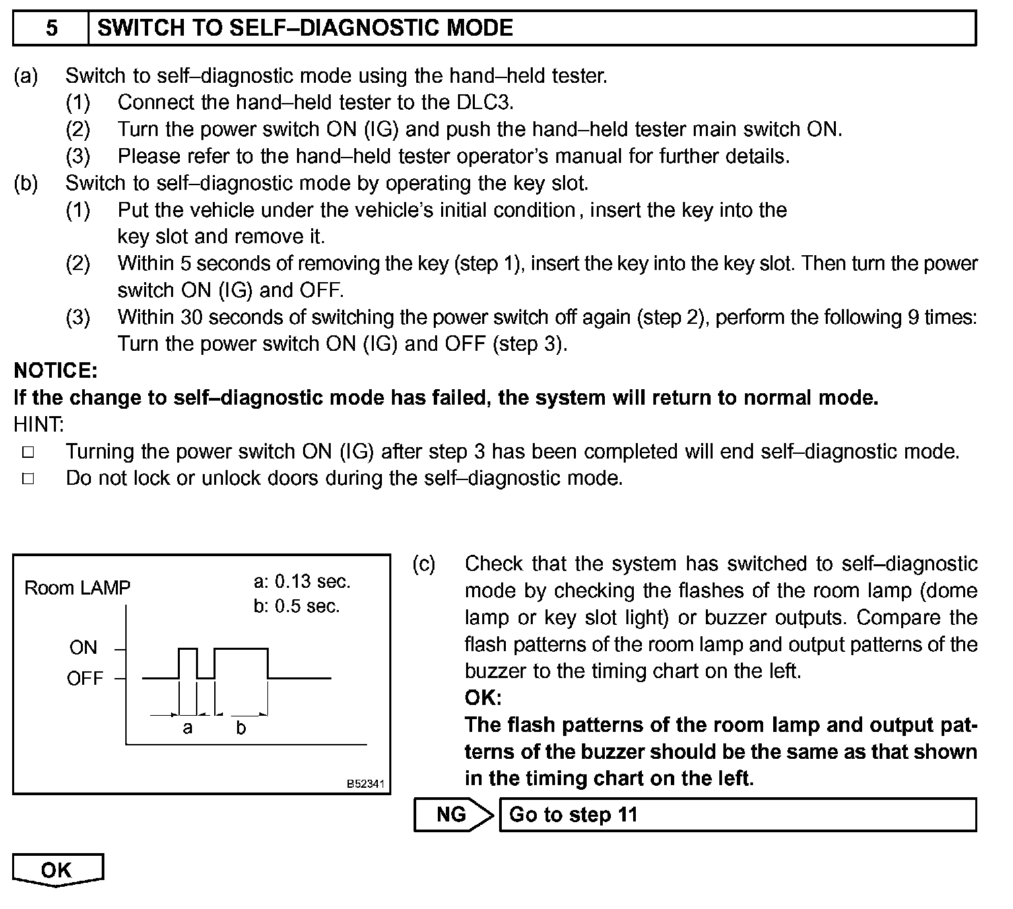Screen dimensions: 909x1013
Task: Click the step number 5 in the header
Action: [51, 28]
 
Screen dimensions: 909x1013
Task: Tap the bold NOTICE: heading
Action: [56, 370]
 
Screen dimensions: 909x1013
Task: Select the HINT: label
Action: [39, 424]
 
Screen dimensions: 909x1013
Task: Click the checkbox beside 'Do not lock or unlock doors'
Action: [28, 479]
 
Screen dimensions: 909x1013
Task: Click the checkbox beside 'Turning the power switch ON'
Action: [28, 452]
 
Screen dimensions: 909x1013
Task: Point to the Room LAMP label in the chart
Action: [77, 588]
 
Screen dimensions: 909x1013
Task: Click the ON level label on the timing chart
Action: [83, 648]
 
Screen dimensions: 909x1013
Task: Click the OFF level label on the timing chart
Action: [85, 678]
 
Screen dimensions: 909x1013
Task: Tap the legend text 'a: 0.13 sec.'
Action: [302, 581]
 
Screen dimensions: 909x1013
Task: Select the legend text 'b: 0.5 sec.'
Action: [296, 606]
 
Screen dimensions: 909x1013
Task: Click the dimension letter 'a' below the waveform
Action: [187, 728]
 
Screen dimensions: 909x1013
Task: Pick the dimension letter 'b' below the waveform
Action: [240, 728]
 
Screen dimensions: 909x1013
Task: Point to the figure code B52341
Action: [365, 784]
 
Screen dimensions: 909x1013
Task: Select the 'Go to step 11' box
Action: [737, 815]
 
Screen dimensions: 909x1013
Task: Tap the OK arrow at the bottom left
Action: [57, 870]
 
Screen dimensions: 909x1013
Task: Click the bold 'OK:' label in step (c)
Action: [483, 698]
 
